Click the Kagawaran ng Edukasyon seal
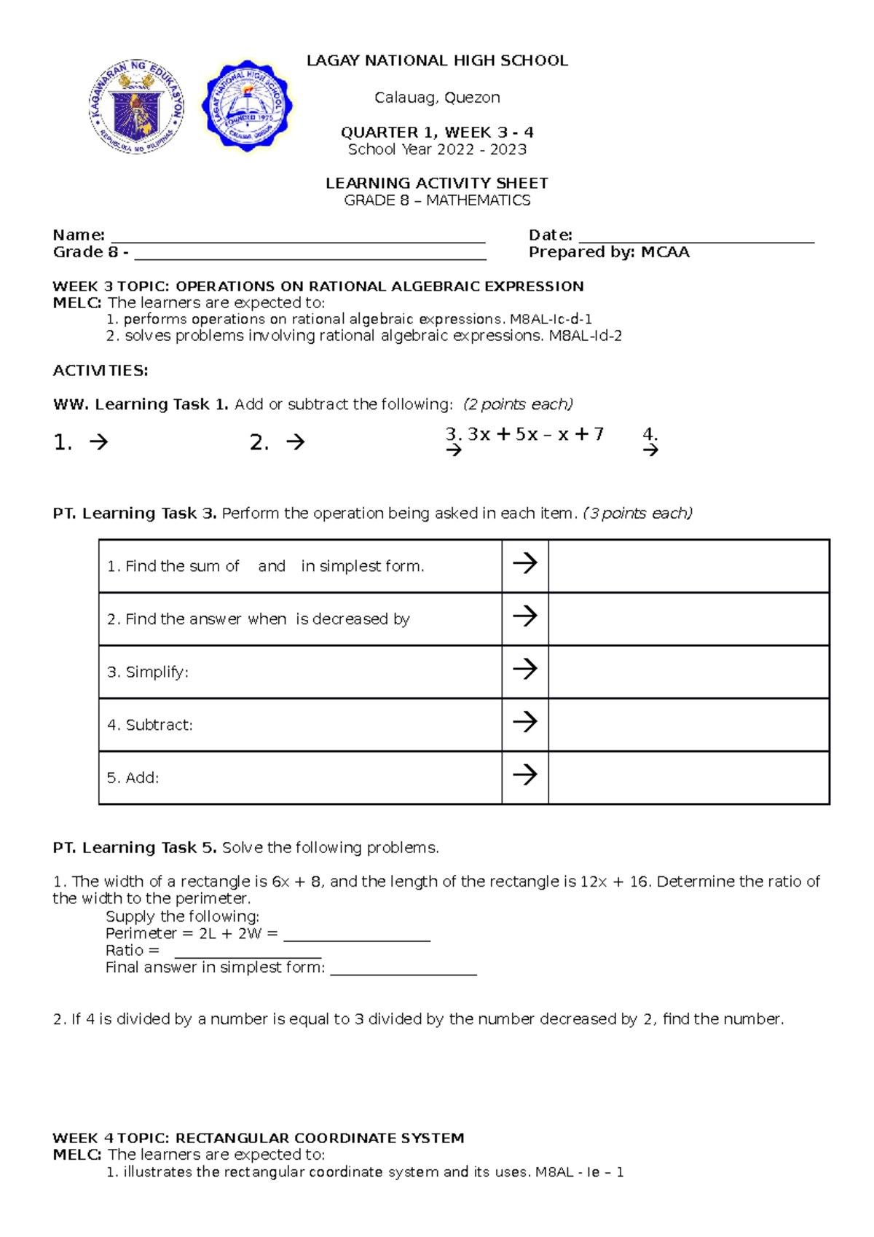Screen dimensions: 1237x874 point(136,106)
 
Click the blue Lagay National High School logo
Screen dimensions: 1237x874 point(248,106)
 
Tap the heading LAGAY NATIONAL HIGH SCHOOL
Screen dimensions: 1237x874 point(437,60)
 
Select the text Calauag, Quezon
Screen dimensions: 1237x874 point(437,98)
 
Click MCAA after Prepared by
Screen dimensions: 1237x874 point(665,252)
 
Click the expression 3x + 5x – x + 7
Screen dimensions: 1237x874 point(535,434)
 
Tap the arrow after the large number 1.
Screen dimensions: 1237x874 point(98,441)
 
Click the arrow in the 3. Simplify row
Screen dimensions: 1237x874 point(524,669)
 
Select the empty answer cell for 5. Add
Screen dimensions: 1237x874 point(688,777)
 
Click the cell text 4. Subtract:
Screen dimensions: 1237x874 point(150,725)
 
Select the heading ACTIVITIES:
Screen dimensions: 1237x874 point(101,370)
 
